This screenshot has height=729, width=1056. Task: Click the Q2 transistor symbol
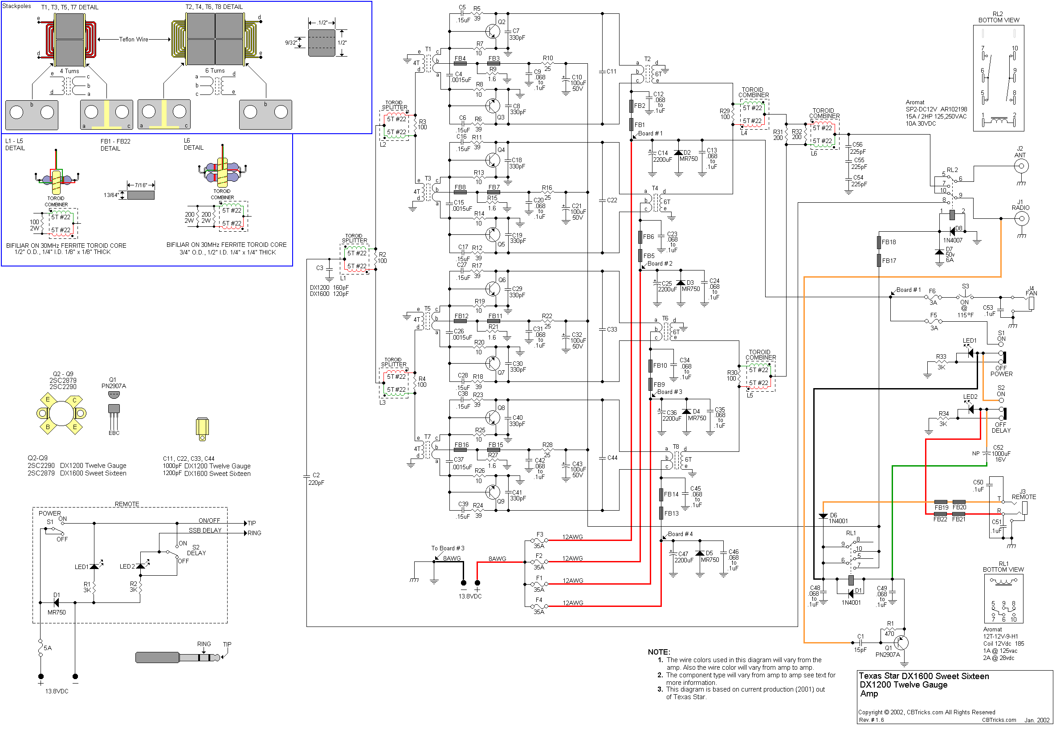[493, 31]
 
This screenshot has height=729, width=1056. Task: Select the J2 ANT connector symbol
[1021, 166]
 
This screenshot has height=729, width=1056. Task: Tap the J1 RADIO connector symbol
[1021, 219]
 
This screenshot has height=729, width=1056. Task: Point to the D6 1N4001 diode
[823, 516]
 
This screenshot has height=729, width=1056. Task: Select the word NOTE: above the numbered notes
[659, 652]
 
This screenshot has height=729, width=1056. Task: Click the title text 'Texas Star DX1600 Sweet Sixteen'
[924, 676]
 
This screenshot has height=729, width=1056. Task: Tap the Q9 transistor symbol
[493, 492]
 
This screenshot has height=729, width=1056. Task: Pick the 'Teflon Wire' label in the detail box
[133, 40]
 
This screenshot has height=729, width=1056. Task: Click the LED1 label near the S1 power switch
[969, 341]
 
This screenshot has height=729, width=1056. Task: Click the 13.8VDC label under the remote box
[57, 692]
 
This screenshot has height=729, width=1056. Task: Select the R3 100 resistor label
[422, 125]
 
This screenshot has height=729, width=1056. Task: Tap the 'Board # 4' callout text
[680, 534]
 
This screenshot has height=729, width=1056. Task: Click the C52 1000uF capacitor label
[1000, 454]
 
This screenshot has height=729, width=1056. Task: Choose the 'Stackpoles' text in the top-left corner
[17, 6]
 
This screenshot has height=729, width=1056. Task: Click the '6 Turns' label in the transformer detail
[215, 71]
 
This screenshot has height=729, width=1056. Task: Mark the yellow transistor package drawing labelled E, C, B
[61, 414]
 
